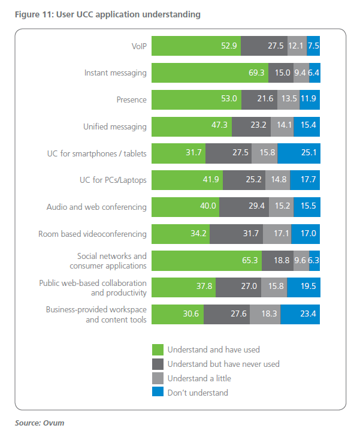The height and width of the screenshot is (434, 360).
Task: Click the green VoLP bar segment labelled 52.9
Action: tap(196, 46)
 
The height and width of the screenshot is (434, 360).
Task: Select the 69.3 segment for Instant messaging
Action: tap(210, 73)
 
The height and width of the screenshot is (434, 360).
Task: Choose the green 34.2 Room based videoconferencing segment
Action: tap(180, 234)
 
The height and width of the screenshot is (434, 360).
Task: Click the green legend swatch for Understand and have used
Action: tap(158, 349)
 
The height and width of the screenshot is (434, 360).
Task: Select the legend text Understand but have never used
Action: tap(223, 364)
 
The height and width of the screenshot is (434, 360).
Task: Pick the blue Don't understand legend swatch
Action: tap(158, 393)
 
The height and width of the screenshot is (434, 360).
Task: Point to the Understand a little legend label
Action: tap(199, 378)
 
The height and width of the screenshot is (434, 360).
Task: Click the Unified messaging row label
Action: tap(114, 126)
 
